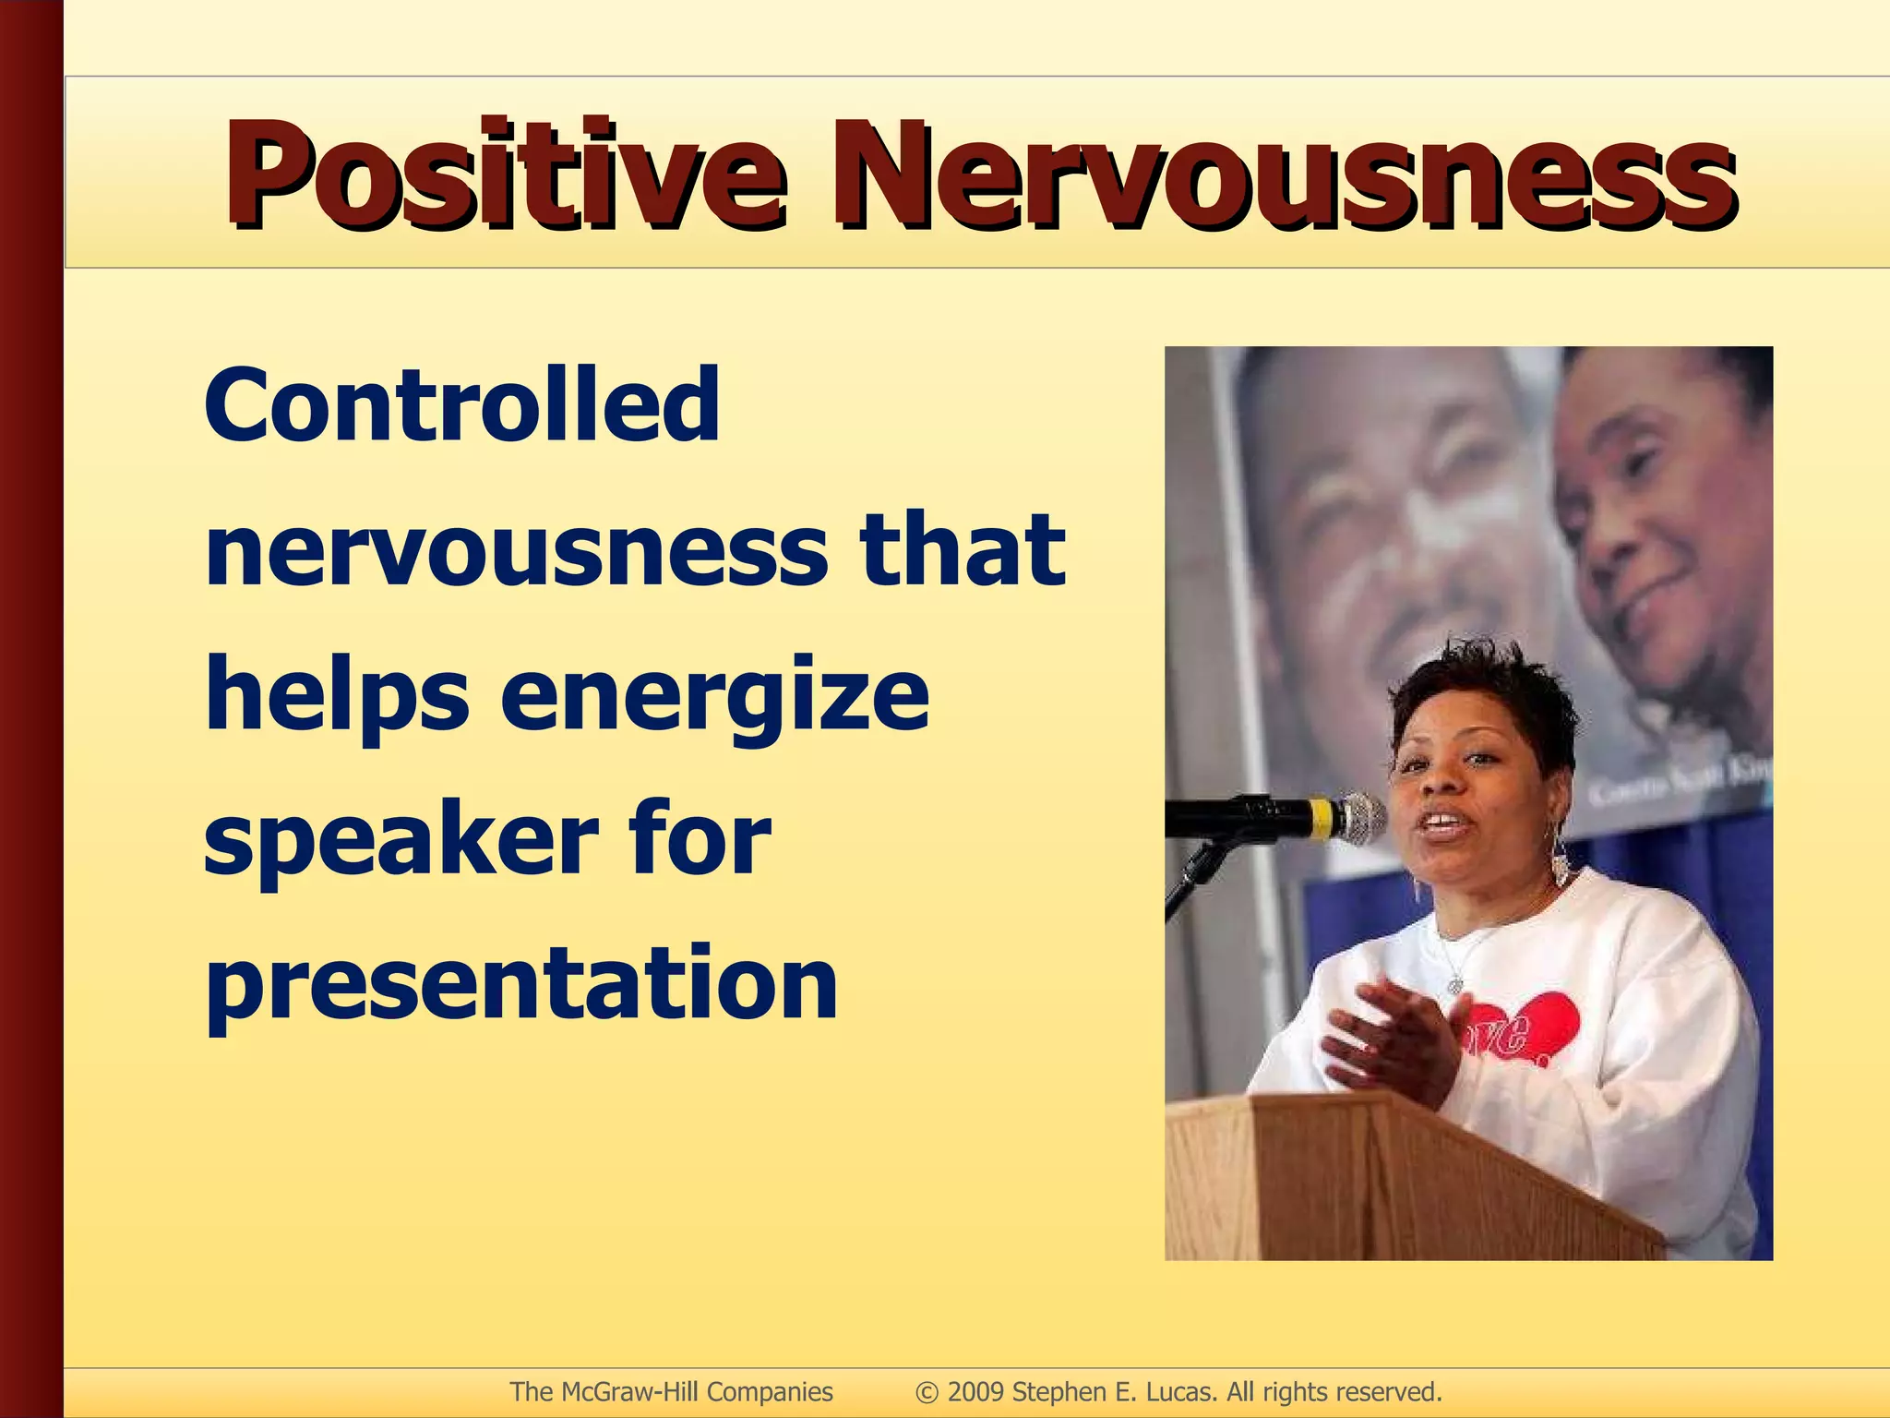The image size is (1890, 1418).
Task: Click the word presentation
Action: click(521, 986)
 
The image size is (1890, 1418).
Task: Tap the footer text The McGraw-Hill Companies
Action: click(671, 1391)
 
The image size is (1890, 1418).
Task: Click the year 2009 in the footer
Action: click(975, 1391)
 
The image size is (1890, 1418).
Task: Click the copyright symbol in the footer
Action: click(927, 1392)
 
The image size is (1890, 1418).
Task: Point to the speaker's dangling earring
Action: click(1559, 859)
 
